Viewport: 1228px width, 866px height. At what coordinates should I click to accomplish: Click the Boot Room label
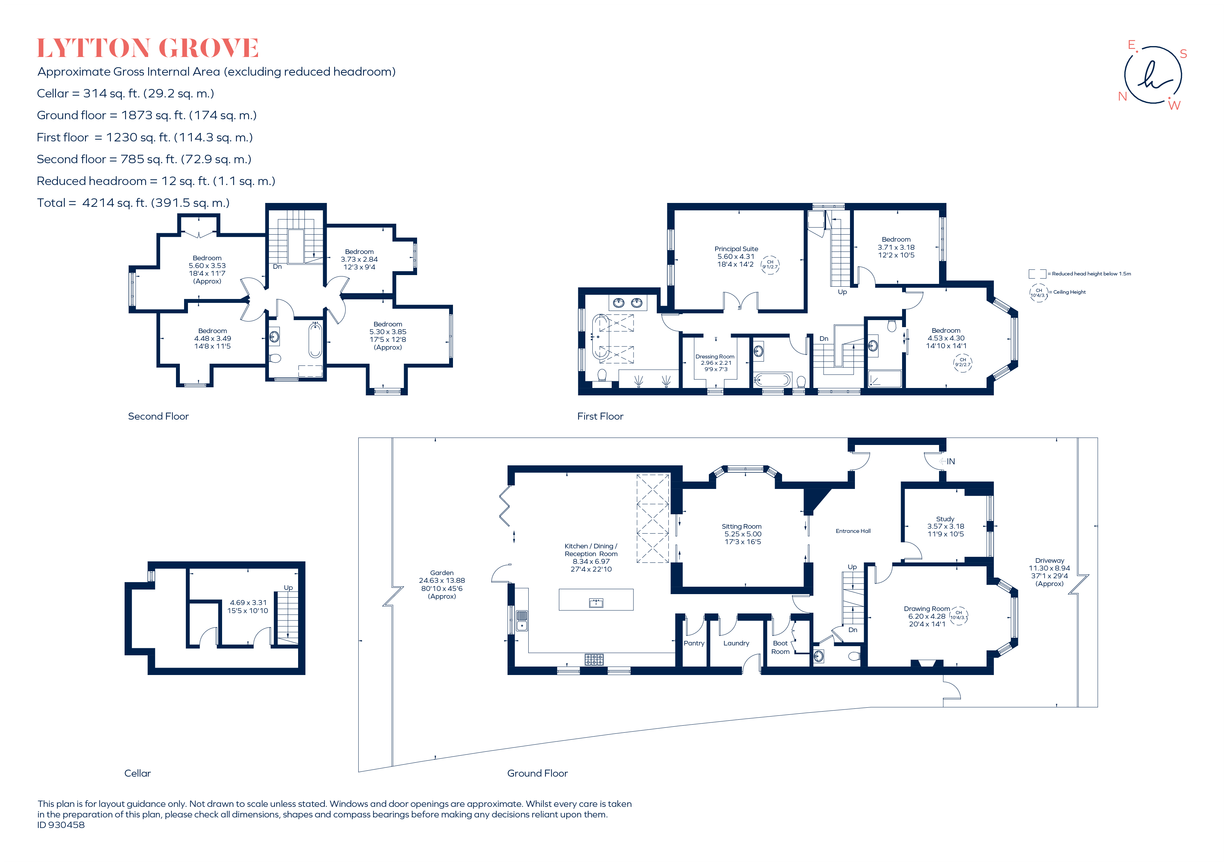pyautogui.click(x=780, y=647)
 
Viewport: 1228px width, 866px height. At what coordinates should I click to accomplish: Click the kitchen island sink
pyautogui.click(x=596, y=603)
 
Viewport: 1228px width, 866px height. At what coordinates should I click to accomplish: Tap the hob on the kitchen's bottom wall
pyautogui.click(x=594, y=659)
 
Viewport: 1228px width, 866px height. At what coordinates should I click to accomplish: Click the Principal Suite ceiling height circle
pyautogui.click(x=770, y=265)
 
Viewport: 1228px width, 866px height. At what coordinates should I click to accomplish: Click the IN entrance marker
pyautogui.click(x=949, y=461)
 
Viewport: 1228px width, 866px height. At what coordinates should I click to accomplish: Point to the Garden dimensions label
pyautogui.click(x=442, y=584)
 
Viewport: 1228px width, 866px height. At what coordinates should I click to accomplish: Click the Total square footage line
pyautogui.click(x=133, y=203)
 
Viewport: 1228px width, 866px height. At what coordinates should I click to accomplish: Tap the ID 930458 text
pyautogui.click(x=61, y=825)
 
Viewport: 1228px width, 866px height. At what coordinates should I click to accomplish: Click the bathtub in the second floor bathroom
pyautogui.click(x=315, y=340)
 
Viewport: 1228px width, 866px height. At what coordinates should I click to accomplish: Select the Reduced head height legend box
pyautogui.click(x=1037, y=274)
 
